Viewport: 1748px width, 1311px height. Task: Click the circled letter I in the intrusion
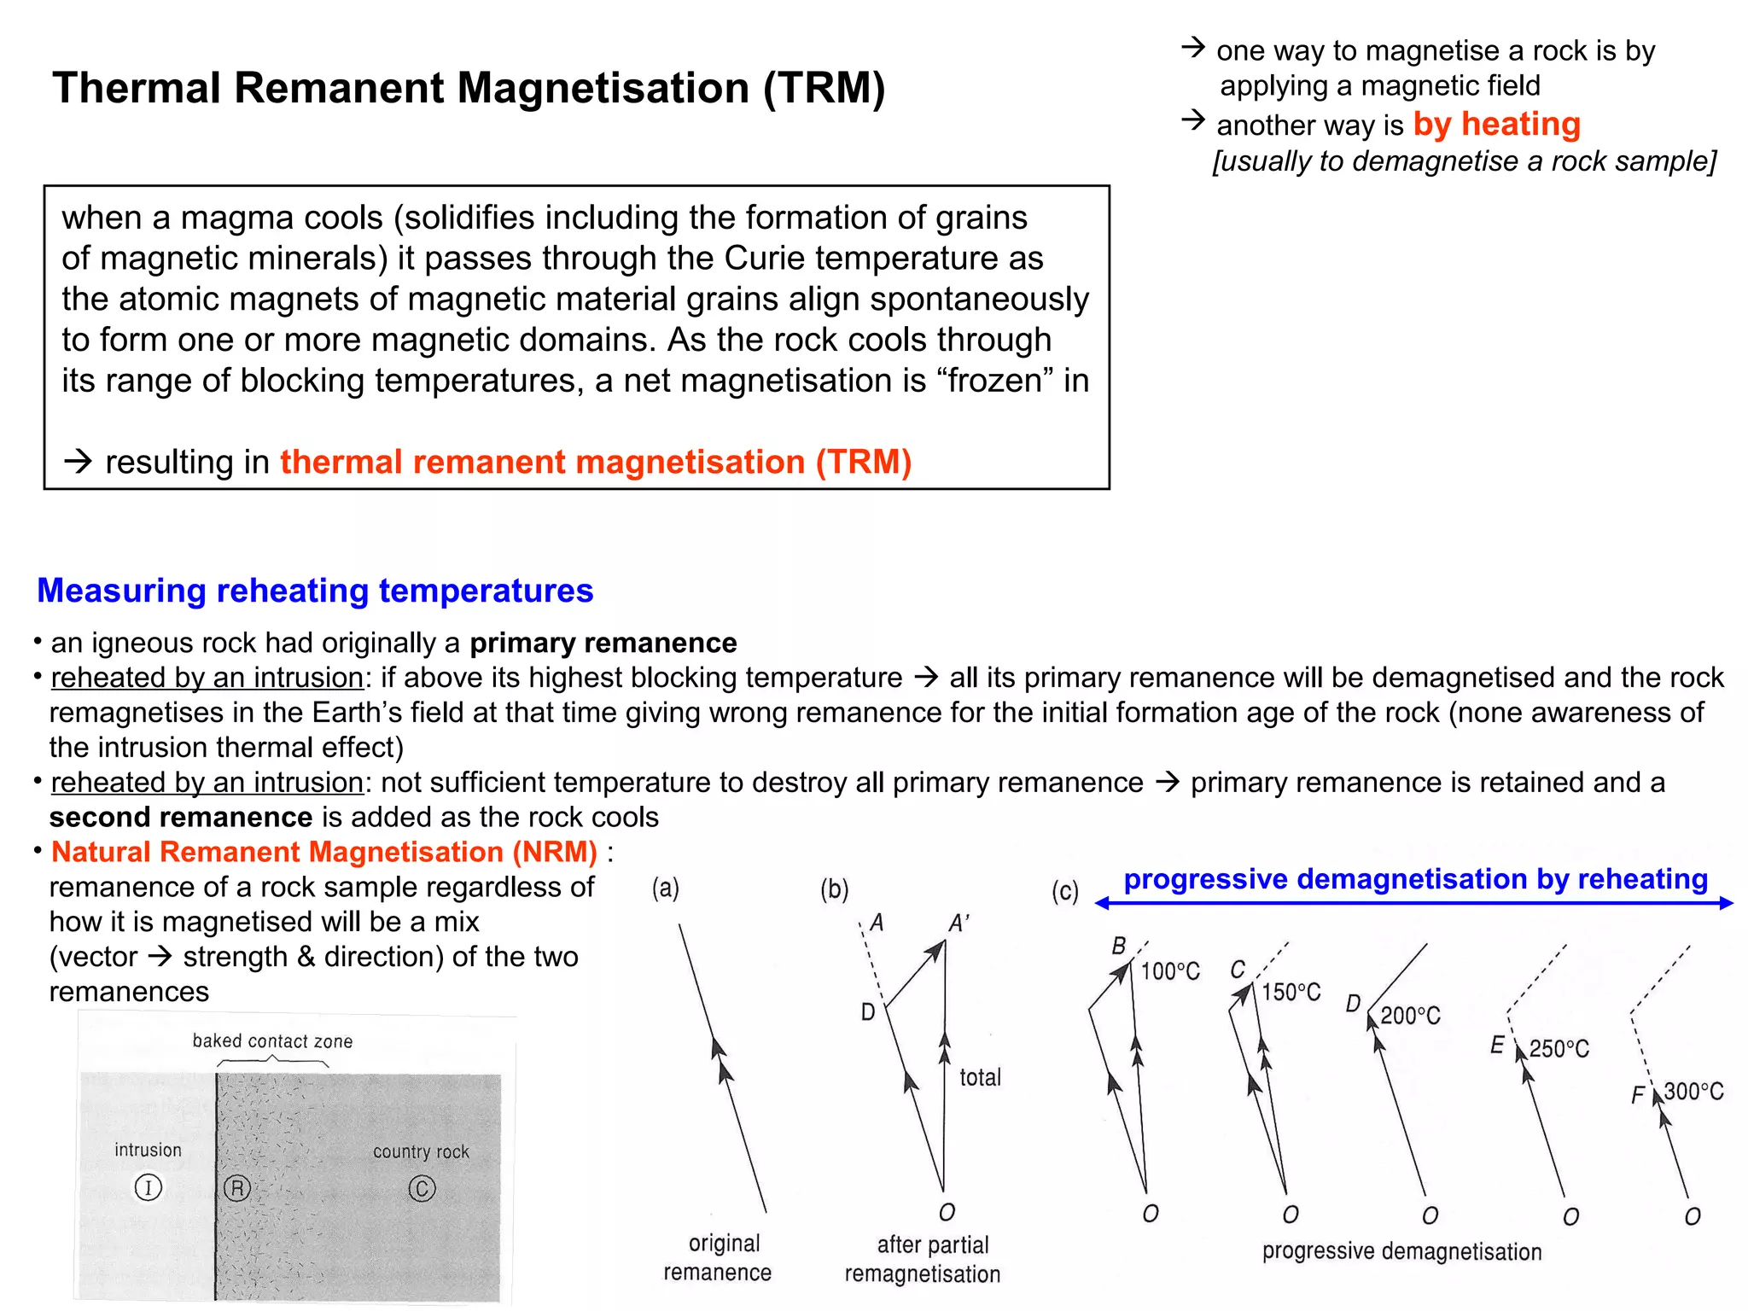pyautogui.click(x=149, y=1187)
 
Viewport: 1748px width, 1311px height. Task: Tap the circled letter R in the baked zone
pyautogui.click(x=237, y=1188)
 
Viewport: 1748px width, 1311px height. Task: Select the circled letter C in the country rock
pyautogui.click(x=422, y=1188)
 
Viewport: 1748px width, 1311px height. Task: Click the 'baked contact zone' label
pyautogui.click(x=272, y=1041)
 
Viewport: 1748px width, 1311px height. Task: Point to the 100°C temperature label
pyautogui.click(x=1170, y=971)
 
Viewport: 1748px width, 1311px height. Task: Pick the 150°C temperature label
pyautogui.click(x=1291, y=992)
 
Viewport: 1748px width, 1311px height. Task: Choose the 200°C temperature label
pyautogui.click(x=1410, y=1016)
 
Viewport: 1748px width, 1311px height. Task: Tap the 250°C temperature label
pyautogui.click(x=1559, y=1048)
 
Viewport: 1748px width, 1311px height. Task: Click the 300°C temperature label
pyautogui.click(x=1693, y=1092)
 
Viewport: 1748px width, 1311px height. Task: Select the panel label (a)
pyautogui.click(x=666, y=889)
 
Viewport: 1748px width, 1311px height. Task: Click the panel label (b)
pyautogui.click(x=835, y=889)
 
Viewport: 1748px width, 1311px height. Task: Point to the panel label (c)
pyautogui.click(x=1065, y=892)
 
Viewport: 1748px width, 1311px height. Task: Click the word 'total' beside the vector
pyautogui.click(x=980, y=1077)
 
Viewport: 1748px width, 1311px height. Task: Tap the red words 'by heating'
pyautogui.click(x=1496, y=125)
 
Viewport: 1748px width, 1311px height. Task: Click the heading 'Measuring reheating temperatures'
pyautogui.click(x=315, y=591)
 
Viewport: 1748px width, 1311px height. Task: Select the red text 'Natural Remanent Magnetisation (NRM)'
pyautogui.click(x=324, y=852)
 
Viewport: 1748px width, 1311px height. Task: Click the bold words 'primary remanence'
pyautogui.click(x=603, y=643)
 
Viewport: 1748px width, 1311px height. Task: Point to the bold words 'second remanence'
pyautogui.click(x=181, y=817)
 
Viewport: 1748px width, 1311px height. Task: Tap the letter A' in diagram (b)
pyautogui.click(x=959, y=924)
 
